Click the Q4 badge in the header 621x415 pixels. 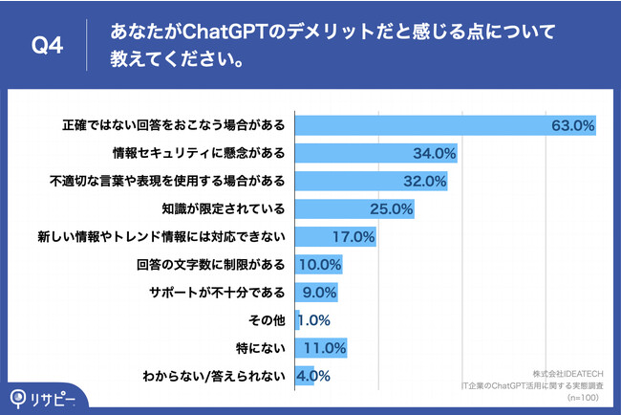pos(46,45)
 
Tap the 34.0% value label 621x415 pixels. pos(434,153)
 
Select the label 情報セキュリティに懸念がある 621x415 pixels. pos(200,153)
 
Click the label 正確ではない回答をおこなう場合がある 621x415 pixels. pos(174,125)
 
